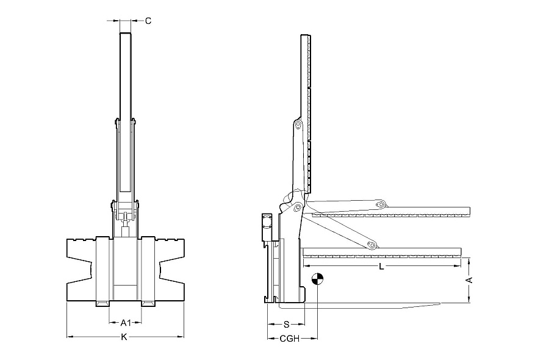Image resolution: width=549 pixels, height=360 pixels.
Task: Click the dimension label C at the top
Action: (x=148, y=21)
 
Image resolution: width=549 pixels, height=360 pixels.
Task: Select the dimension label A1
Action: (x=125, y=323)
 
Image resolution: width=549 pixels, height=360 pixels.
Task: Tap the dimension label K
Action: (x=124, y=337)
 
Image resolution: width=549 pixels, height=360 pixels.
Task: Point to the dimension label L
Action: (x=382, y=267)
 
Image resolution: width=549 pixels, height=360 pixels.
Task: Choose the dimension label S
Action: (x=287, y=325)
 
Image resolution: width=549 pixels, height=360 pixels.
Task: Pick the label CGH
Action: (x=290, y=339)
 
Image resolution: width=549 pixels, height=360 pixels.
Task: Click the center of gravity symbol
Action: (x=317, y=279)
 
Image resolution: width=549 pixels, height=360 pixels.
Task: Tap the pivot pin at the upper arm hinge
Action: (x=298, y=124)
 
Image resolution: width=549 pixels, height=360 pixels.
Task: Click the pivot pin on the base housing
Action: (x=298, y=207)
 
